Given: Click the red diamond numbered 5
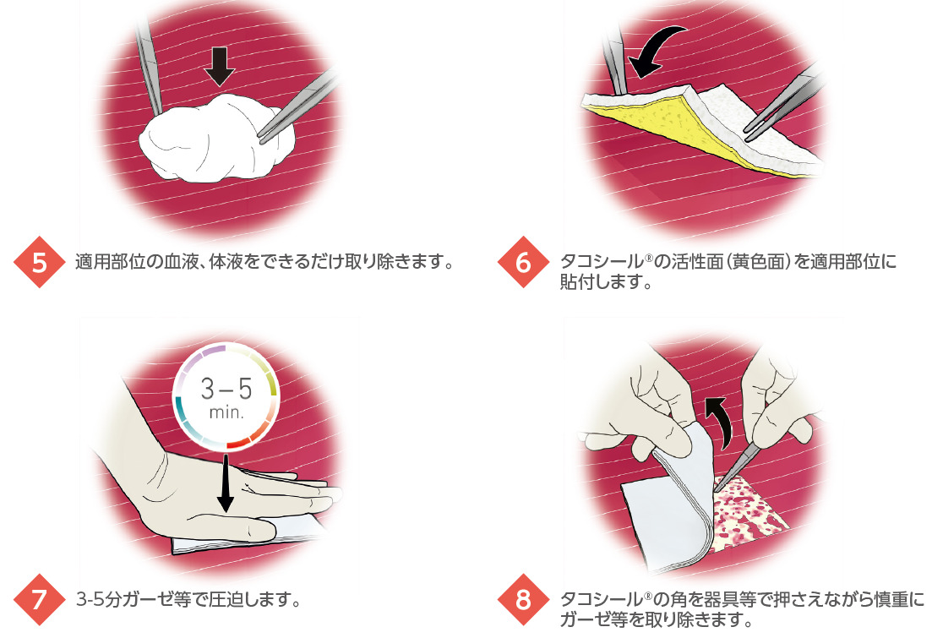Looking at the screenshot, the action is tap(39, 262).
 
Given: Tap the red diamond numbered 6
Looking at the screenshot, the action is tap(523, 262).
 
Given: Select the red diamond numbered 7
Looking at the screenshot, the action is tap(39, 599).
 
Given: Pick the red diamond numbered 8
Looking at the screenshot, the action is tap(523, 599).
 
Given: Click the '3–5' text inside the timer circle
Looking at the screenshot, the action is tap(226, 389).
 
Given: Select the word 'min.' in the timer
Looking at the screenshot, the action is tap(226, 412).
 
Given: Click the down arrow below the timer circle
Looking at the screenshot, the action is tap(226, 483).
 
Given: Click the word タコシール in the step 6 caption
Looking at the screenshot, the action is tap(602, 262).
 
